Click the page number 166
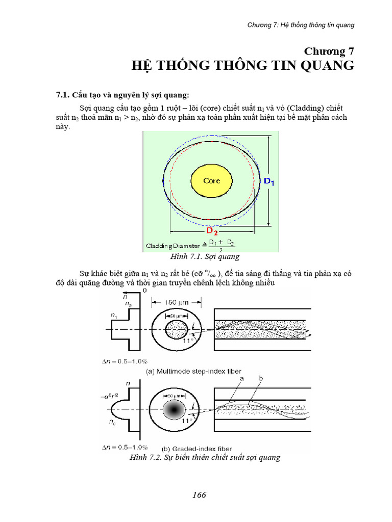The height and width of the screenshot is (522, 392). pyautogui.click(x=199, y=495)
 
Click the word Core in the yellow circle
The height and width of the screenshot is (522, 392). pyautogui.click(x=211, y=181)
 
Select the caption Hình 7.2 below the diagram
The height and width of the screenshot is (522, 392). pyautogui.click(x=205, y=457)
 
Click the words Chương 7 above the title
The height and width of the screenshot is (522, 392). pyautogui.click(x=329, y=51)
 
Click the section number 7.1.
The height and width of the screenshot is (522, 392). pyautogui.click(x=62, y=95)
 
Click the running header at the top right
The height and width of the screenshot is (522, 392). pyautogui.click(x=301, y=24)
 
